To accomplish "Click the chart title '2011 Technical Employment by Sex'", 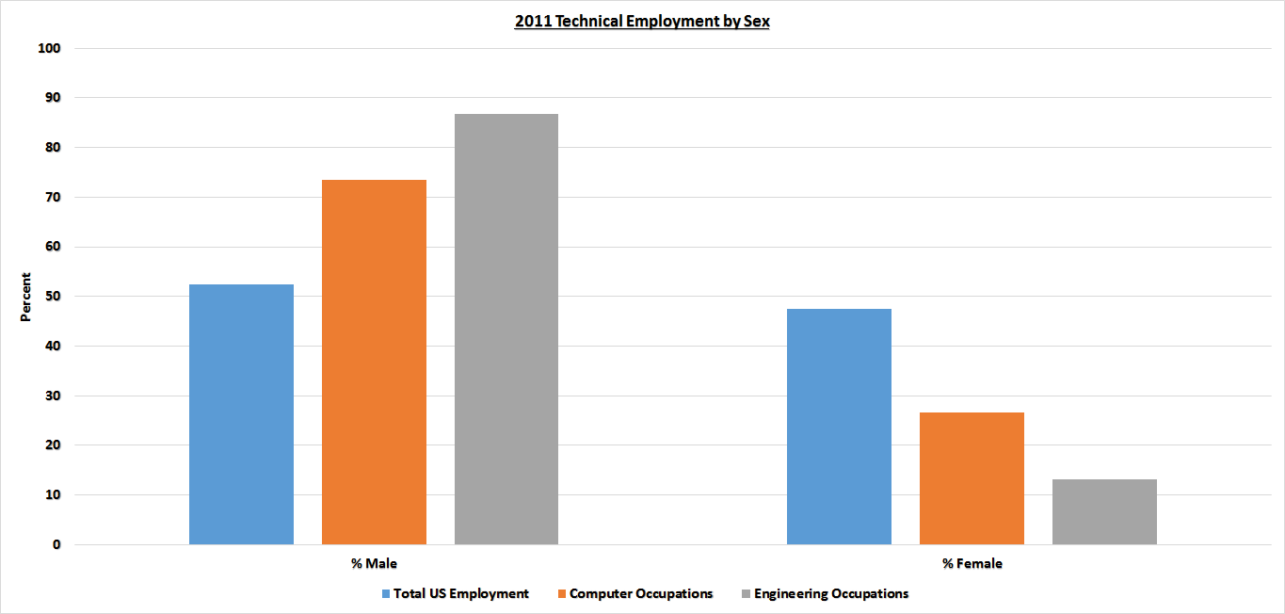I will tap(642, 22).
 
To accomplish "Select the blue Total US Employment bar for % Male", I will tap(241, 414).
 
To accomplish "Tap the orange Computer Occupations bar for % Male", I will tap(374, 362).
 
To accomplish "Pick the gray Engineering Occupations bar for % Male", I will tap(506, 329).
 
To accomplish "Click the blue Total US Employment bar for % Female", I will tap(839, 427).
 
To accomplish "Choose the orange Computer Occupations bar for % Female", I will tap(972, 478).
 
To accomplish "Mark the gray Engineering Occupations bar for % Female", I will tap(1104, 511).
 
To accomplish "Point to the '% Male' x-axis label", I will tap(374, 564).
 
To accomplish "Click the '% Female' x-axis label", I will tap(972, 564).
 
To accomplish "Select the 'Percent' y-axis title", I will tap(26, 297).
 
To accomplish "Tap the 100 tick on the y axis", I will tap(49, 48).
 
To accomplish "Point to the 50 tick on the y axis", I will tap(53, 297).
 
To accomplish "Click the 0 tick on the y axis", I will tap(56, 544).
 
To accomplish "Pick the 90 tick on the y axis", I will tap(53, 98).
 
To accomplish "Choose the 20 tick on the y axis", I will tap(53, 445).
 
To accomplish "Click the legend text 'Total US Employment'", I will tap(461, 594).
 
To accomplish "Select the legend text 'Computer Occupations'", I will tap(641, 594).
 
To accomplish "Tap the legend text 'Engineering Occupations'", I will tap(831, 594).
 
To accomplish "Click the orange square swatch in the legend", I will tap(563, 594).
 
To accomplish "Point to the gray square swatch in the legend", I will tap(747, 594).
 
